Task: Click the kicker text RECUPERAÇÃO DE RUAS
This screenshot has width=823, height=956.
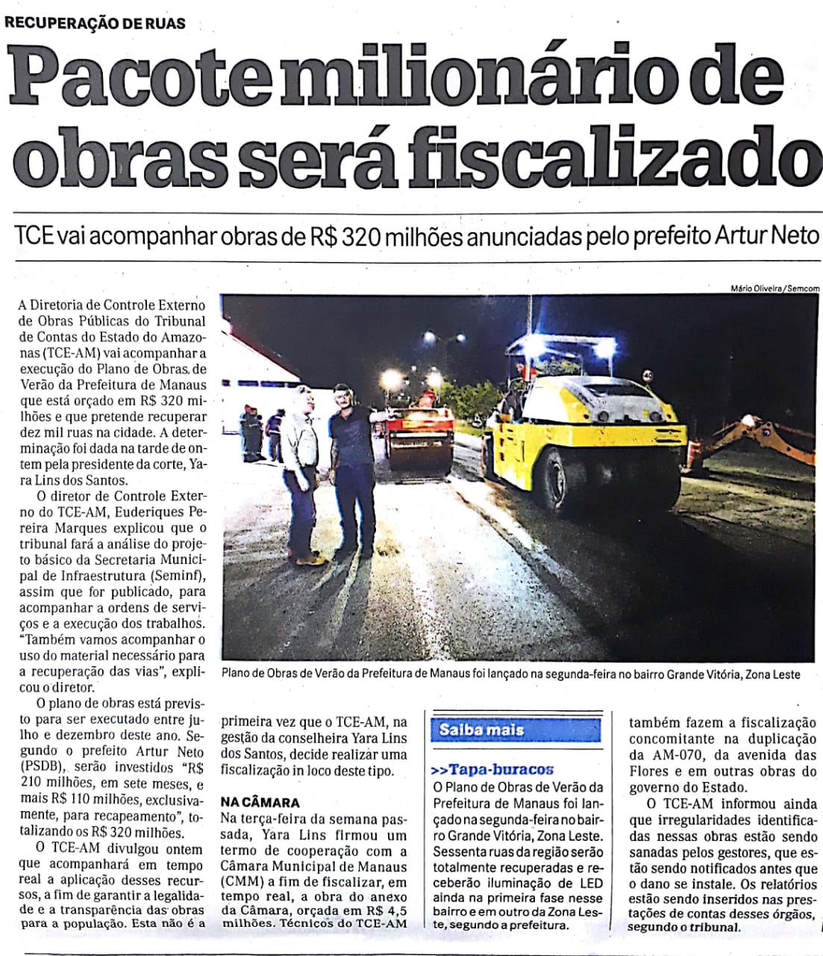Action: click(96, 22)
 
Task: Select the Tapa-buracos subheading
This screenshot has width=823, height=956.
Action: click(492, 769)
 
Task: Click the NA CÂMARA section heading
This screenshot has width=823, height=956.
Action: click(260, 803)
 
